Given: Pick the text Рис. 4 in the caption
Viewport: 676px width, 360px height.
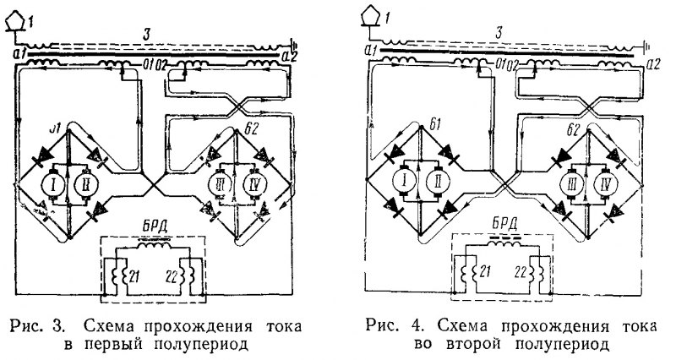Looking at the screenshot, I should click(x=384, y=325).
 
